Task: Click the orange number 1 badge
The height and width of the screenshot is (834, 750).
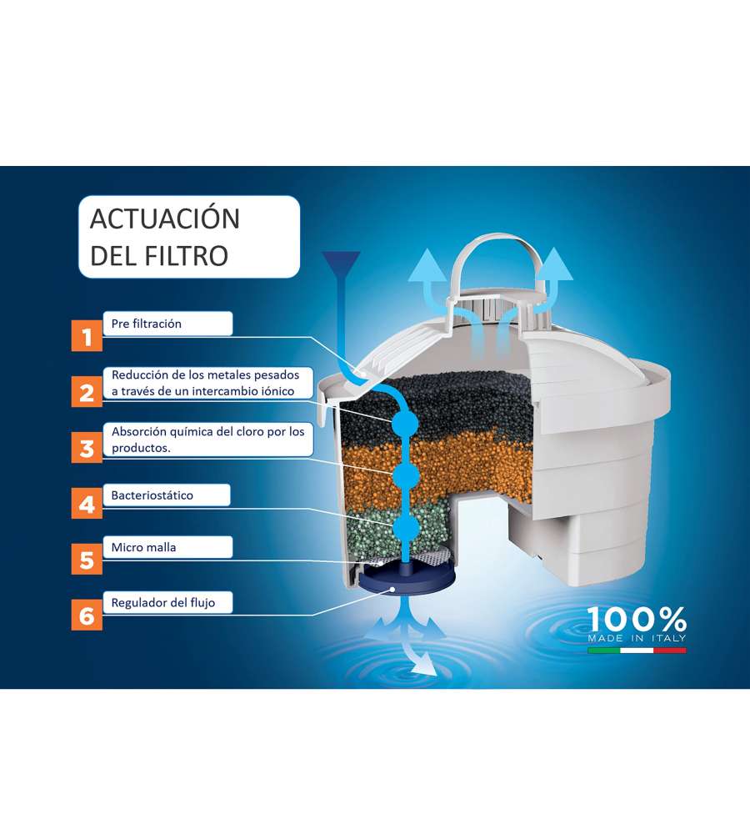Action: [87, 335]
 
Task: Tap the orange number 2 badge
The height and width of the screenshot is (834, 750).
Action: [87, 391]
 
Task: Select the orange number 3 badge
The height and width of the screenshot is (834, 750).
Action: [87, 447]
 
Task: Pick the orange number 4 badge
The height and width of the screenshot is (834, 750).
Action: [87, 503]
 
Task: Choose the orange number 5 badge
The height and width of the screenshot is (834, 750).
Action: [87, 559]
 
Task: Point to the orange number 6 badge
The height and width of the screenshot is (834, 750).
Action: [87, 615]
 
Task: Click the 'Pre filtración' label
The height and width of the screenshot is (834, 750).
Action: [146, 324]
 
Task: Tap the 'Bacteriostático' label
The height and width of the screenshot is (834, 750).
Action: [152, 495]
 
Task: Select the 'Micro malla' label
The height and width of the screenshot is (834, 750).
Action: [143, 547]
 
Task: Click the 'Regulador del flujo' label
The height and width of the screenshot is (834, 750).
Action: [163, 603]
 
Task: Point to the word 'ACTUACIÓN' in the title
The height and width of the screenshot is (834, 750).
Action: [165, 218]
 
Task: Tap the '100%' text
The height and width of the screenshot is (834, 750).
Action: [637, 620]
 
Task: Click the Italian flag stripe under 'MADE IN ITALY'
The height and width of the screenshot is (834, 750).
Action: [637, 650]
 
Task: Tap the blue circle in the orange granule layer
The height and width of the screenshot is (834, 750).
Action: [406, 475]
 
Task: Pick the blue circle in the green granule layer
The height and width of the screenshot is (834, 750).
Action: [407, 528]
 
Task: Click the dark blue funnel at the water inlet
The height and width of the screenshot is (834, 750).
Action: [341, 264]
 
